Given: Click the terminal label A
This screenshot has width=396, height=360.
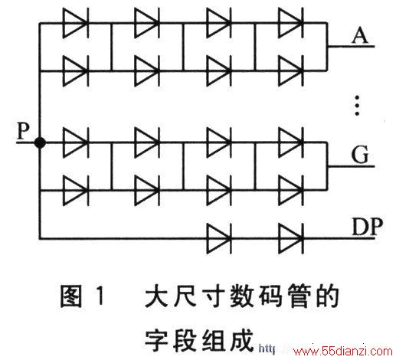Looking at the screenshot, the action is pyautogui.click(x=360, y=36).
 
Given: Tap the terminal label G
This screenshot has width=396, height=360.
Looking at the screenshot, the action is pyautogui.click(x=360, y=155).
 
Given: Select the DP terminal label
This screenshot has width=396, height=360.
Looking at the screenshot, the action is pyautogui.click(x=367, y=227).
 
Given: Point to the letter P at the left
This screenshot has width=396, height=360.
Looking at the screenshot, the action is pyautogui.click(x=23, y=130).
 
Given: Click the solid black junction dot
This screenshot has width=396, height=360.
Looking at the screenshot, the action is pyautogui.click(x=40, y=142).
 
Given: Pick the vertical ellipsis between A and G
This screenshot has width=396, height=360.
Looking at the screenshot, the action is pyautogui.click(x=357, y=105).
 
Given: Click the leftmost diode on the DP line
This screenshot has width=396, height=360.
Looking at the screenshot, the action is pyautogui.click(x=219, y=239).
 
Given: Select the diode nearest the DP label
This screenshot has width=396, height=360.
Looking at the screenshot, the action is pyautogui.click(x=291, y=239).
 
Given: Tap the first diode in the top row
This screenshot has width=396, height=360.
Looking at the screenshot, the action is pyautogui.click(x=76, y=23).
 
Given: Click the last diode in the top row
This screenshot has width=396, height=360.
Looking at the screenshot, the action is pyautogui.click(x=291, y=23).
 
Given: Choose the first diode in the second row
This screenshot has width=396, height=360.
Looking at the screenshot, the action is pyautogui.click(x=76, y=70).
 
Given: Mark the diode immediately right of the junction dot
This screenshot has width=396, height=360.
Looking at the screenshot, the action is pyautogui.click(x=76, y=142).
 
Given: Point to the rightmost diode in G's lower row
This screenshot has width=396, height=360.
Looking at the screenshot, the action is pyautogui.click(x=291, y=190).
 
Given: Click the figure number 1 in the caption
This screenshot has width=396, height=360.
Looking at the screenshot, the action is pyautogui.click(x=100, y=296).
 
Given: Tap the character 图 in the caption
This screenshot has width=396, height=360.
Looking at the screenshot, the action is pyautogui.click(x=71, y=296).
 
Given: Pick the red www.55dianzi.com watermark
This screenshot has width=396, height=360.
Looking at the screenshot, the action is pyautogui.click(x=342, y=351).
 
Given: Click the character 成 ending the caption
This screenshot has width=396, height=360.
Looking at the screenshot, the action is pyautogui.click(x=241, y=340).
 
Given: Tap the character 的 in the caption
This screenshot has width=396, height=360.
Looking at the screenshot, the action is pyautogui.click(x=327, y=296).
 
